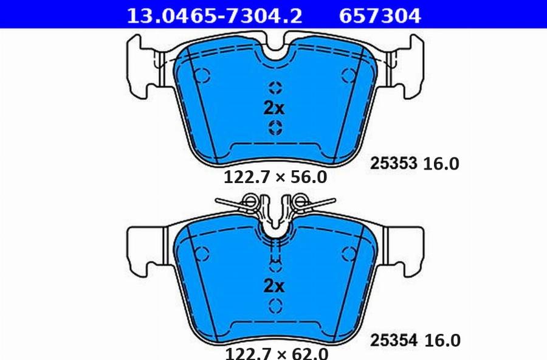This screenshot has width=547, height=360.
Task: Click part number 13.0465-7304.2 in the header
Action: coord(213,15)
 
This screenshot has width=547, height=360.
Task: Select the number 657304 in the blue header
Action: coord(379,15)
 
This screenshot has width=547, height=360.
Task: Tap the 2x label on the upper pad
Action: coord(273,108)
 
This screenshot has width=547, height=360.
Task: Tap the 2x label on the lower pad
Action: coord(273,286)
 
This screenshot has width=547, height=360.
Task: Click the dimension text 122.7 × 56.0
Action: coord(275,178)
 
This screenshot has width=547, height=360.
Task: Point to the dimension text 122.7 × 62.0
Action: coord(277,353)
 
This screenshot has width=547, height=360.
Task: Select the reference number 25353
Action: coord(393,163)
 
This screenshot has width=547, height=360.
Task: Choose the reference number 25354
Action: coord(394,340)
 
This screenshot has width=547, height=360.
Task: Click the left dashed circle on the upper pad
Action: coord(202,75)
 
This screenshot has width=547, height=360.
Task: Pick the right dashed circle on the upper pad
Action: coord(348,75)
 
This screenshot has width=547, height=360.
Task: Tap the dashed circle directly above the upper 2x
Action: coord(275,87)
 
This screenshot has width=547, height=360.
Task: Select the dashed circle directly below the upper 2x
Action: coord(275,128)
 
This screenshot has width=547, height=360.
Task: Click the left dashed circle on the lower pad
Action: coord(202,252)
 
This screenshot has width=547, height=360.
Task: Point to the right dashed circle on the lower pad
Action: coord(348,252)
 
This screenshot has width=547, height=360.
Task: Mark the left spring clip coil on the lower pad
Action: coord(249,201)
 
